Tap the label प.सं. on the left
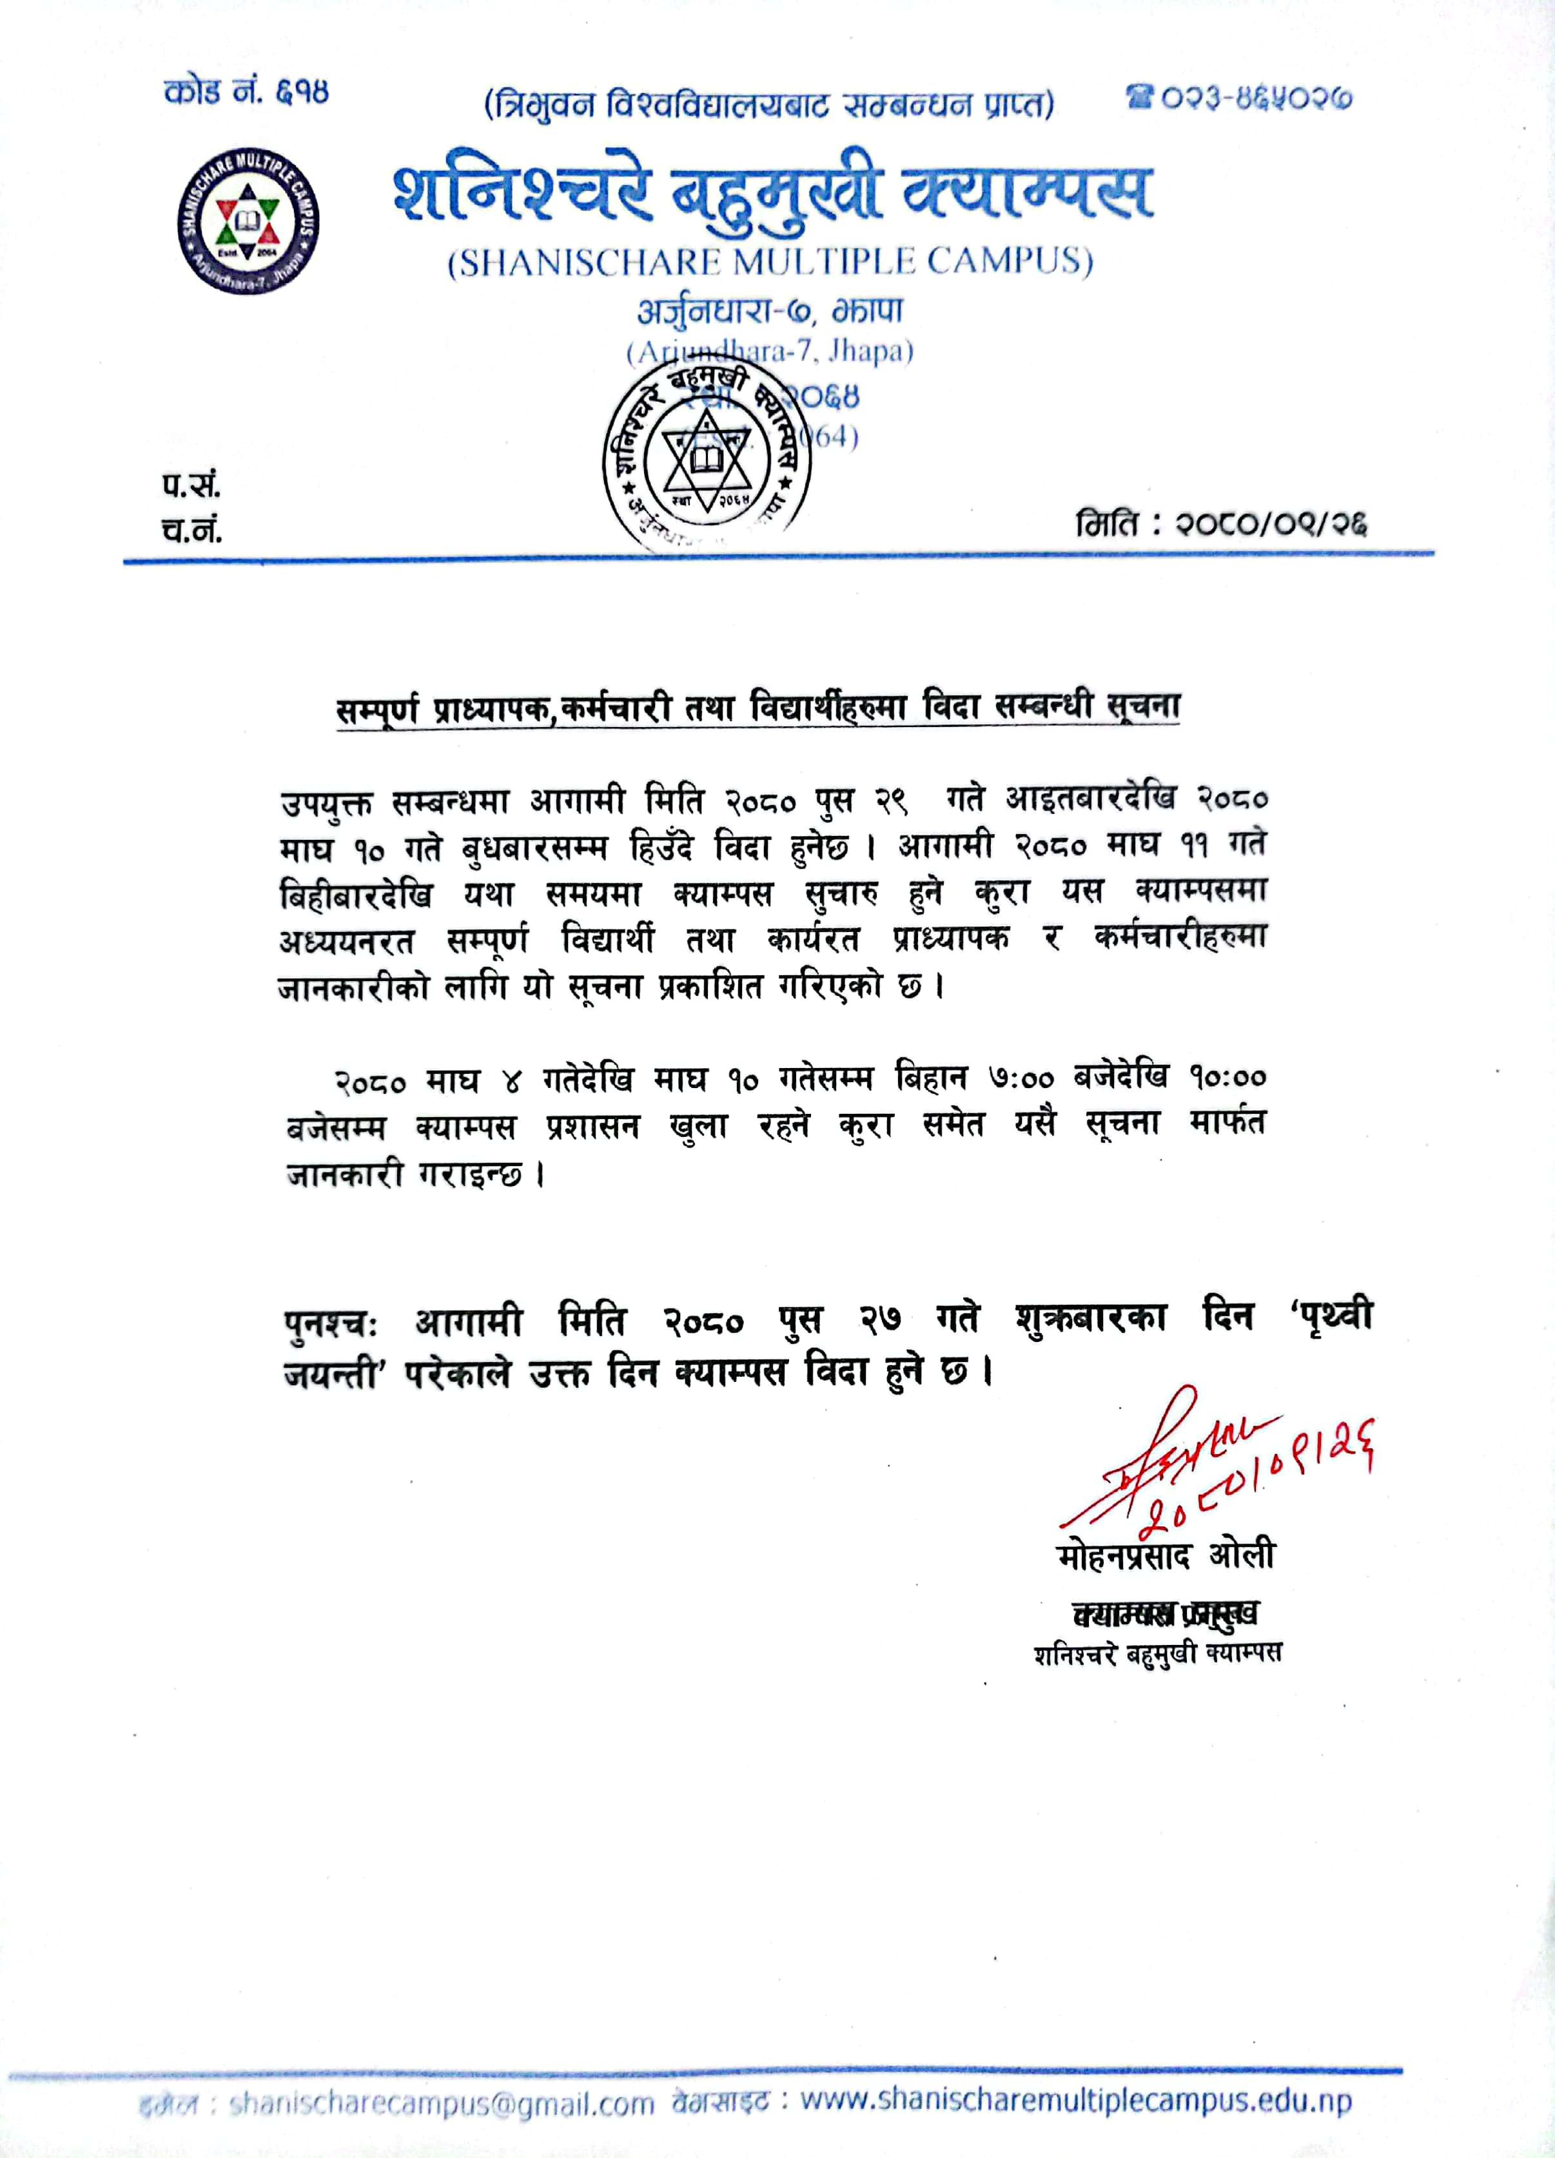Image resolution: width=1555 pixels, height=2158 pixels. coord(190,485)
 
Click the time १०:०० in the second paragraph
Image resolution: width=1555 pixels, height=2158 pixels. coord(1227,1078)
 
